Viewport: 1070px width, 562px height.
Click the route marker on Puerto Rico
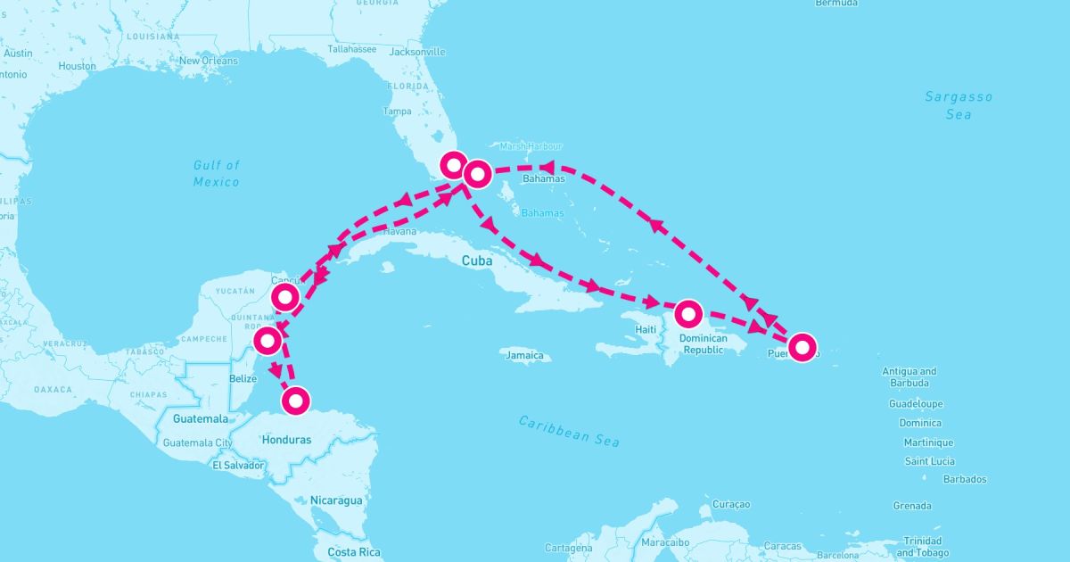point(802,346)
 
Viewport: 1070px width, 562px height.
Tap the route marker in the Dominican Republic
point(688,314)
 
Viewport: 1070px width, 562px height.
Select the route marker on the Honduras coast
point(297,400)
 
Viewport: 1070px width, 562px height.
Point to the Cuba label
point(477,261)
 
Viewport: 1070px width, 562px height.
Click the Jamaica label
point(524,355)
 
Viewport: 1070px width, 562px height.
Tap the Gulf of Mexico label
point(217,173)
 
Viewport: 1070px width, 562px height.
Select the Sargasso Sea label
point(959,105)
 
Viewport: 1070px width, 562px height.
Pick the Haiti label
point(646,329)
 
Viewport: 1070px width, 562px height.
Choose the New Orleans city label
point(209,61)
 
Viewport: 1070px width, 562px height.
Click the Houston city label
point(77,66)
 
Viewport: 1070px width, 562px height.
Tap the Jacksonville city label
point(417,52)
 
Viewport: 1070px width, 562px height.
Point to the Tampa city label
point(397,112)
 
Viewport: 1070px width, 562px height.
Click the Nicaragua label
point(336,500)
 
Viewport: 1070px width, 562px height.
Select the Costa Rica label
point(354,552)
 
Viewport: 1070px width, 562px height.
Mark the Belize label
point(243,378)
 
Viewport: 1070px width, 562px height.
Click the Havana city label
point(400,231)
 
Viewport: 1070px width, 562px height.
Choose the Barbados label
point(965,479)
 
